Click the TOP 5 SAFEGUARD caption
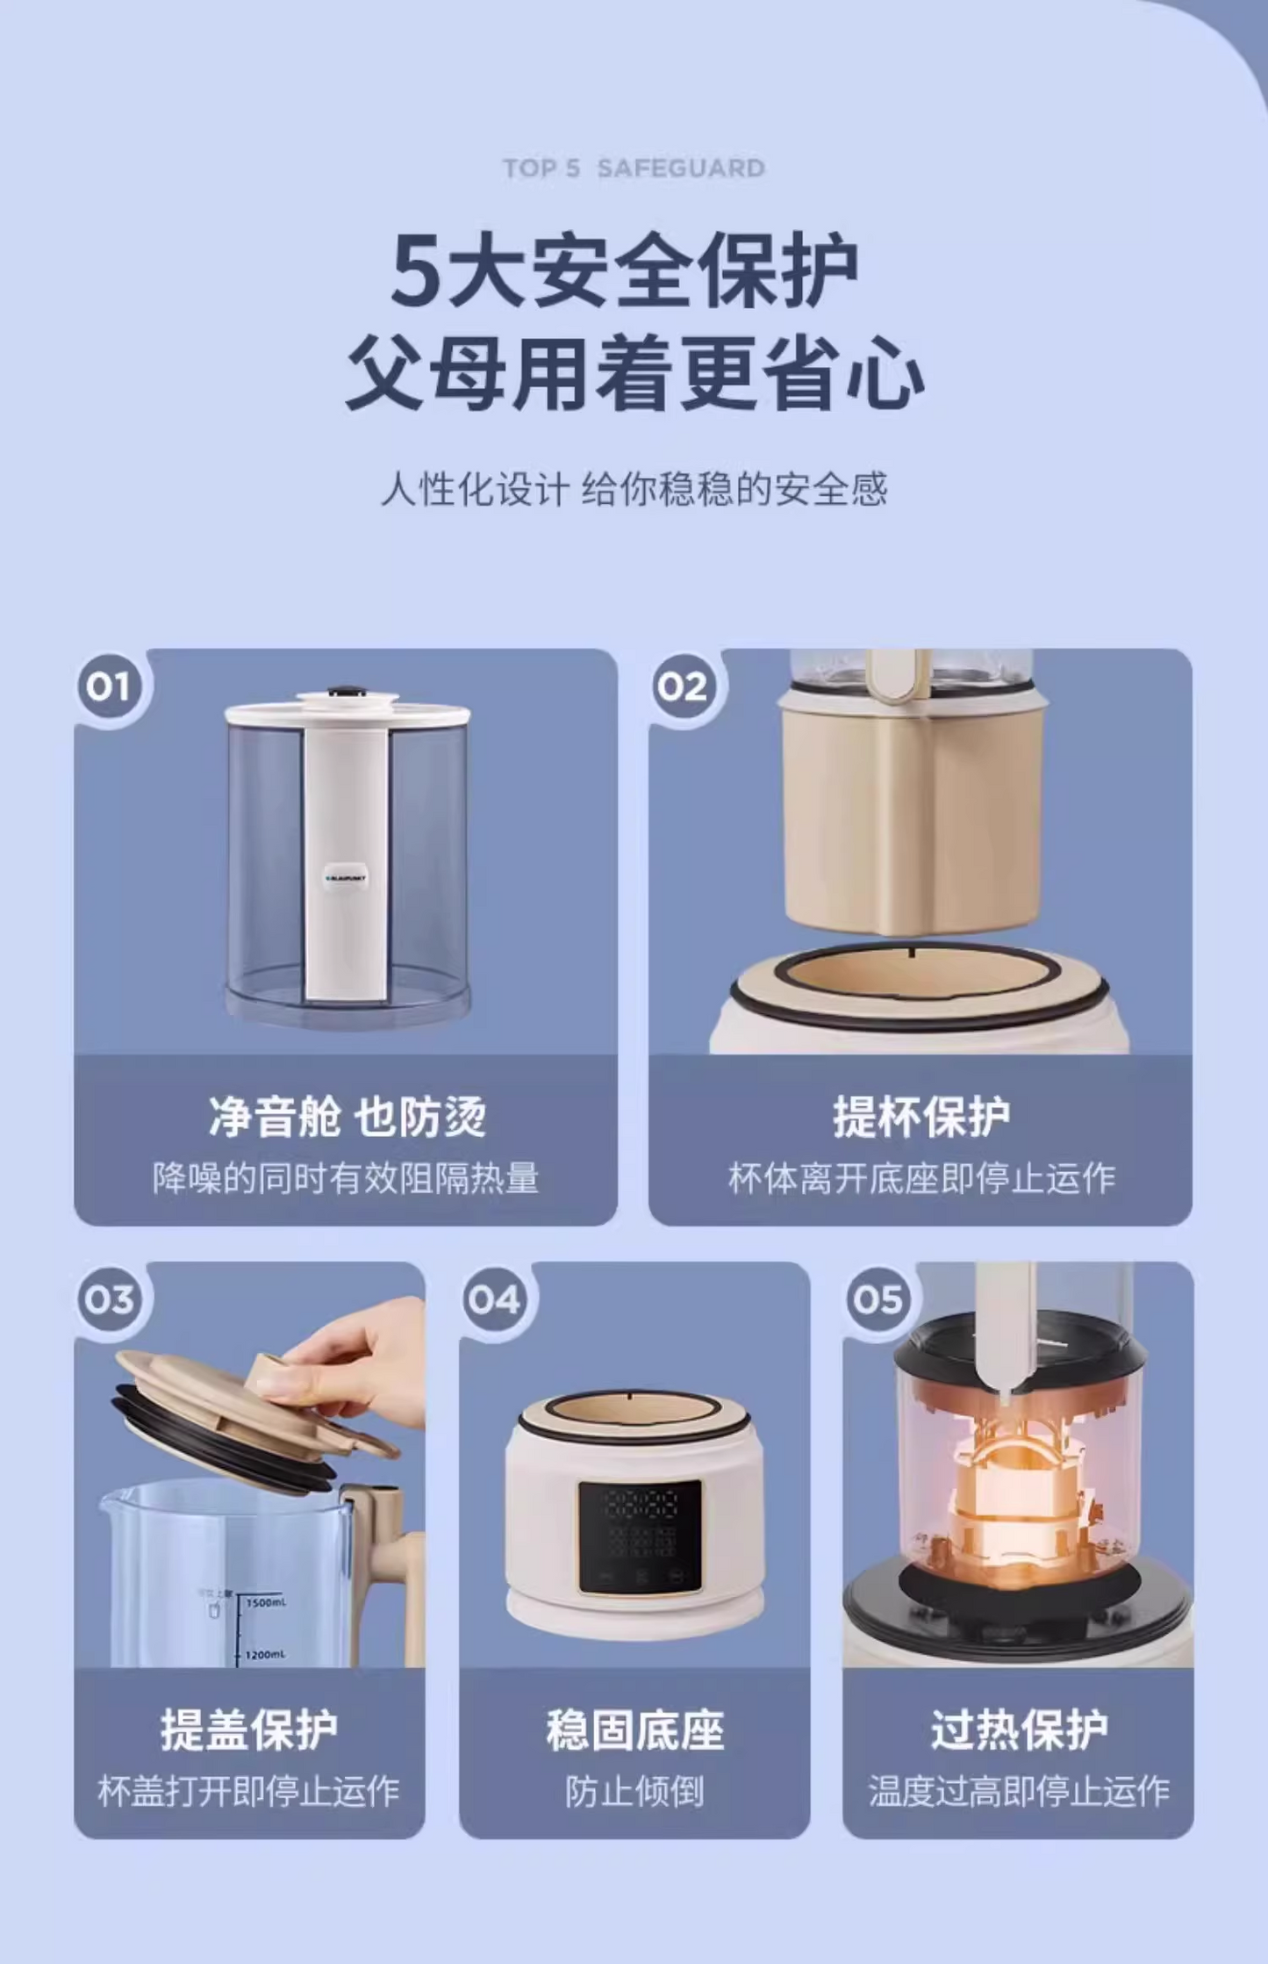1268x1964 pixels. (x=634, y=168)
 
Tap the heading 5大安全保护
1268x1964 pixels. (x=625, y=270)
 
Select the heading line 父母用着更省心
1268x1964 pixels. (x=634, y=374)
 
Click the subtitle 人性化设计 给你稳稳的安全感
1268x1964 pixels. (x=634, y=489)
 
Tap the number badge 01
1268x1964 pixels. (x=109, y=687)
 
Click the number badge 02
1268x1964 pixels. (x=684, y=687)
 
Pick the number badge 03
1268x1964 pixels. (x=109, y=1299)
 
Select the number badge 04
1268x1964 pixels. (x=494, y=1299)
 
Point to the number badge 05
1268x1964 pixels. (x=878, y=1299)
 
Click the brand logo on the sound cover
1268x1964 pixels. (x=346, y=877)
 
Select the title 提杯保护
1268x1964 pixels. (x=921, y=1118)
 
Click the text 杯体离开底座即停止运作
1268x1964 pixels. (x=921, y=1178)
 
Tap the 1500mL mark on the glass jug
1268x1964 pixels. (x=265, y=1603)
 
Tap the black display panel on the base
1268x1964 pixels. (x=640, y=1536)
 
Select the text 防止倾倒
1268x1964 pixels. (x=634, y=1792)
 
